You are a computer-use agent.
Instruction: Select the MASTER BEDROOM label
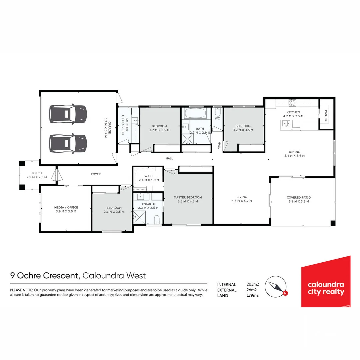(188, 197)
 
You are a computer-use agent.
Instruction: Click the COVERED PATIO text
(298, 197)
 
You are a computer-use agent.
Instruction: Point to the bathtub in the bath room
(196, 113)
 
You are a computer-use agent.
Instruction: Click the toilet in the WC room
(218, 111)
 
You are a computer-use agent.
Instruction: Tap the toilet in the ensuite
(157, 219)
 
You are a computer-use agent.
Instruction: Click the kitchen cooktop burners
(292, 102)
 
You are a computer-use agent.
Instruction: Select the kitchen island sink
(286, 124)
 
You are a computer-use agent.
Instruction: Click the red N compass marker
(285, 293)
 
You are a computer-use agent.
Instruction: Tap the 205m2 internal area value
(252, 284)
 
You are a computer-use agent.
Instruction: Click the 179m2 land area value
(252, 295)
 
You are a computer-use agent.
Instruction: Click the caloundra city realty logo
(326, 282)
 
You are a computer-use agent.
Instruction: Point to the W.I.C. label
(149, 176)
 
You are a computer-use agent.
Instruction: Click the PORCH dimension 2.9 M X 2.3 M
(37, 177)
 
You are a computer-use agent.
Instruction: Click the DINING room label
(294, 152)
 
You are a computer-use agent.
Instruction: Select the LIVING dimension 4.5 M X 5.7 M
(242, 201)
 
